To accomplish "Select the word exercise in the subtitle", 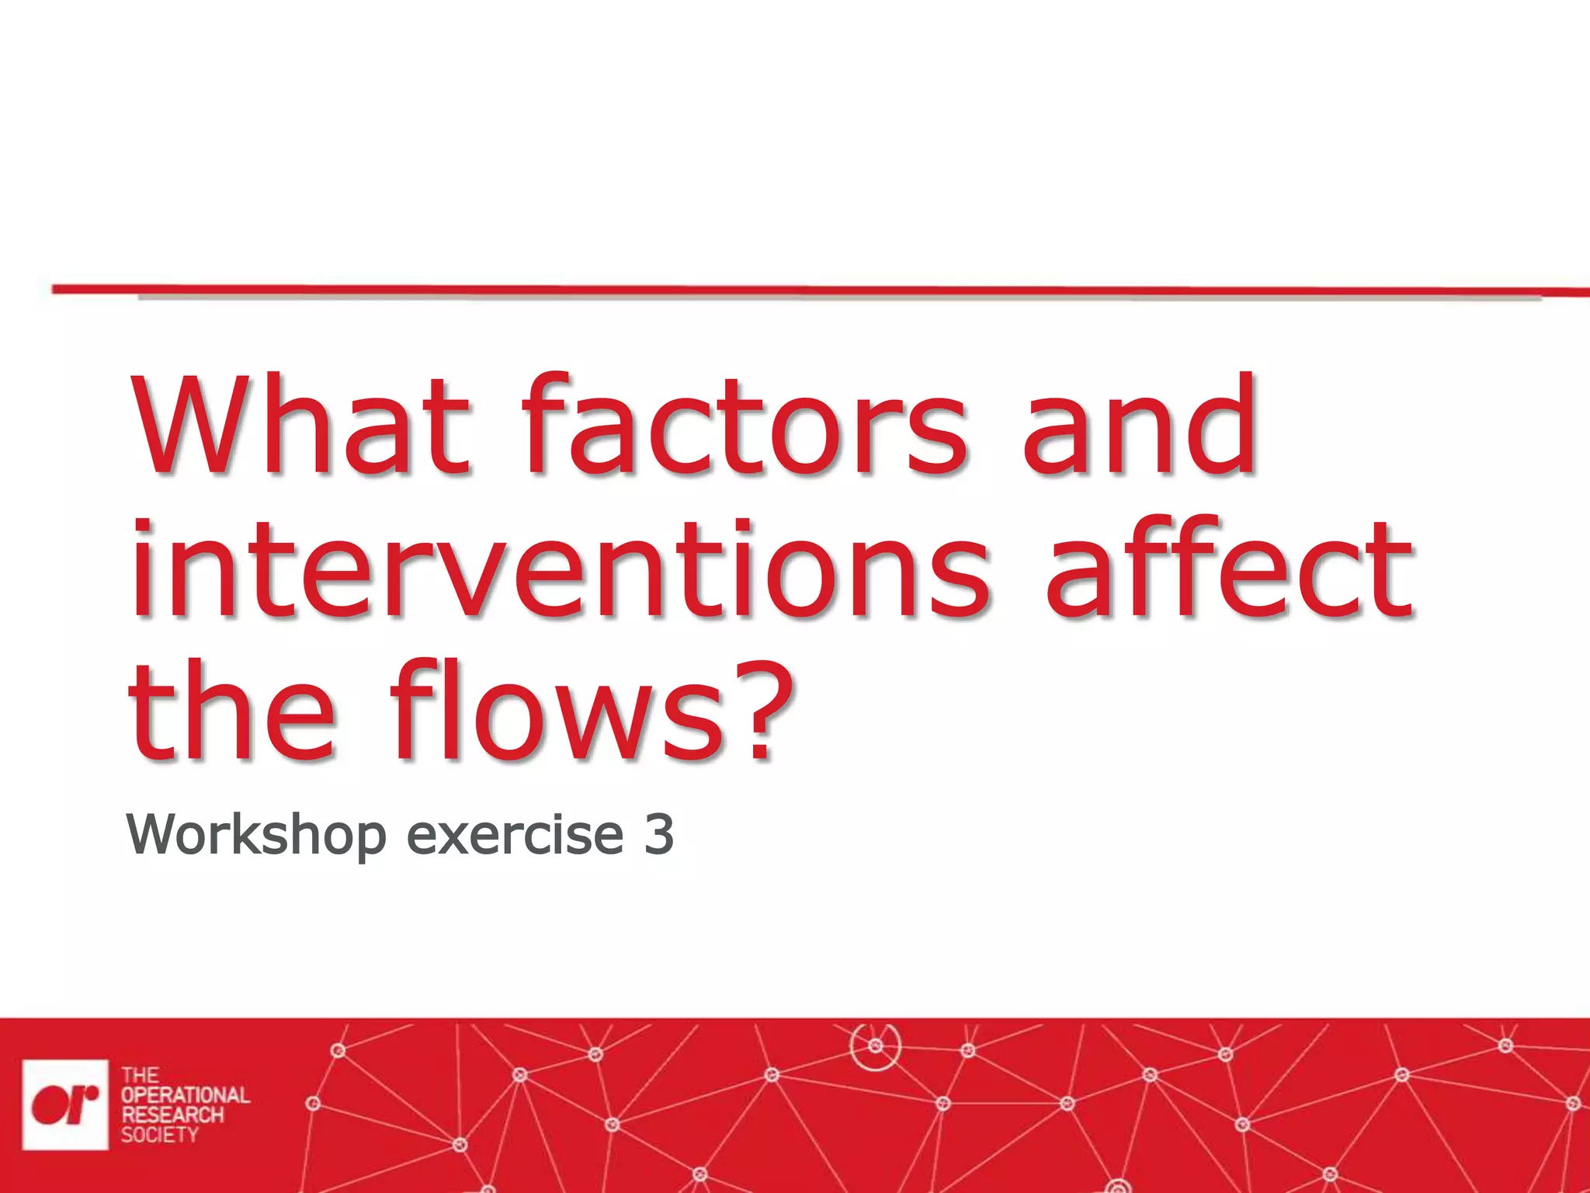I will pyautogui.click(x=515, y=836).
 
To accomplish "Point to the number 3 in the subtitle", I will pyautogui.click(x=658, y=834).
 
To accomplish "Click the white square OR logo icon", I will pyautogui.click(x=65, y=1104).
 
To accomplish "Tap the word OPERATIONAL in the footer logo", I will pyautogui.click(x=185, y=1095).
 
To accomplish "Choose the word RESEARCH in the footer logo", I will pyautogui.click(x=172, y=1115).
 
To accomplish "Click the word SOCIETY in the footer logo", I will pyautogui.click(x=159, y=1135).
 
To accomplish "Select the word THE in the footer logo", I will pyautogui.click(x=140, y=1076).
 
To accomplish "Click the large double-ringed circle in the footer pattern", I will pyautogui.click(x=876, y=1046).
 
